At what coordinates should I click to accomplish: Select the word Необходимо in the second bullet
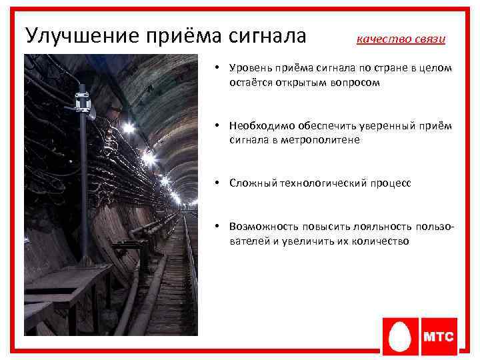coord(257,125)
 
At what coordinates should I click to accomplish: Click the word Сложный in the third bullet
coord(249,182)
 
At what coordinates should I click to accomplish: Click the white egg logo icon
coord(400,337)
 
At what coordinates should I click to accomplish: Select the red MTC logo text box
coord(439,337)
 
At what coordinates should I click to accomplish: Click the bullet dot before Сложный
coord(218,182)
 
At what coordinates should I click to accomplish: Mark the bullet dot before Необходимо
coord(218,125)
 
